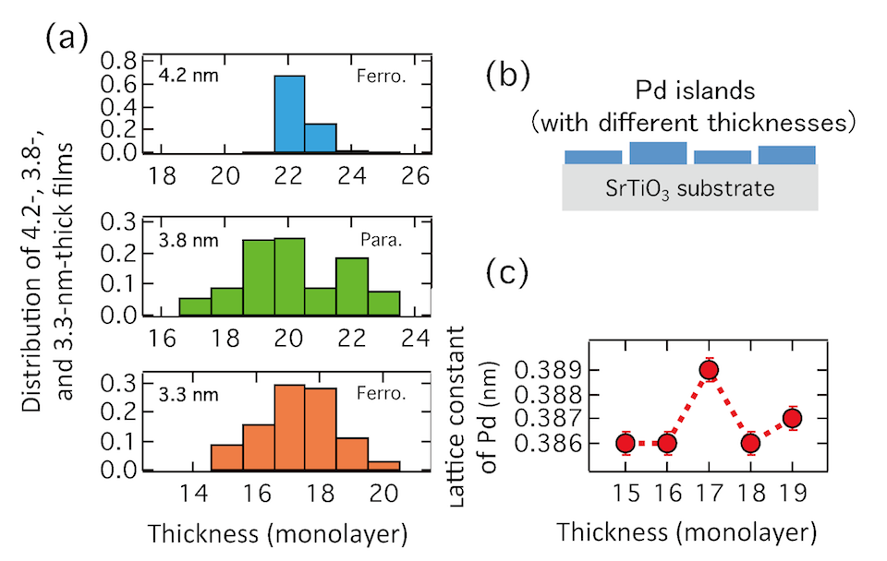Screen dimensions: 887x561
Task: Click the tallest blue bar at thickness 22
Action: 289,114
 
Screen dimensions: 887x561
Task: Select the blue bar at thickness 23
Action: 321,137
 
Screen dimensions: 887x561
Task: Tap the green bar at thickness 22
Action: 352,286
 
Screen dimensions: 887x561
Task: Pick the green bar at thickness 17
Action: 195,306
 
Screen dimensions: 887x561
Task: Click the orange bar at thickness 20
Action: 384,466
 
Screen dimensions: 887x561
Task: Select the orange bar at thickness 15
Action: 227,458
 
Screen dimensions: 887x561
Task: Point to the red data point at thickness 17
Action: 709,370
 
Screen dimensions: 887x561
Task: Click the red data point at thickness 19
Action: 793,418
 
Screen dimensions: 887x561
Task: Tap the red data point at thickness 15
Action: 626,444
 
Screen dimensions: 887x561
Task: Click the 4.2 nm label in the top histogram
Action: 188,75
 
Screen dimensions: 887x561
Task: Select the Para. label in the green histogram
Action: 382,241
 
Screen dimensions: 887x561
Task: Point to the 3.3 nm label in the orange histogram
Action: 188,394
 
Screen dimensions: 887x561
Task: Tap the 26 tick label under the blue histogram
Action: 415,176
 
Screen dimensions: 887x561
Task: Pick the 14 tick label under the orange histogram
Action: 194,495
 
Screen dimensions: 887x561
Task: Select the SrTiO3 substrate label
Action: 689,189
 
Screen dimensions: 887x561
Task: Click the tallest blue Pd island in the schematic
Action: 658,153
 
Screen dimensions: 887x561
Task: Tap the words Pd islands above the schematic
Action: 695,90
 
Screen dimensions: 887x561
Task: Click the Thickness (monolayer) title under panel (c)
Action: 687,532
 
